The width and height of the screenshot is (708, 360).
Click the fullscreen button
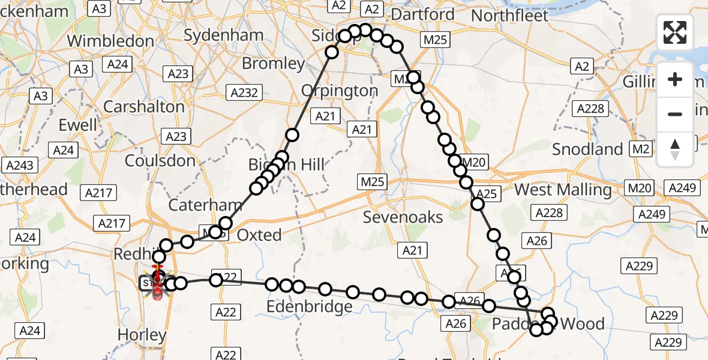click(675, 32)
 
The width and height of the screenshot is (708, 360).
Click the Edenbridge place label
click(309, 307)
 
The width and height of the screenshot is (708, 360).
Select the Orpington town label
click(340, 91)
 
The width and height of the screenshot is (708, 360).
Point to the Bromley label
click(273, 64)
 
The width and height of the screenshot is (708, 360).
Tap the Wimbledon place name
click(110, 41)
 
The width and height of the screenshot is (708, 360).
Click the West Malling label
click(563, 190)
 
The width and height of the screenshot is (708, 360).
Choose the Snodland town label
click(587, 149)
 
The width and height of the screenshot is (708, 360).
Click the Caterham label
click(205, 205)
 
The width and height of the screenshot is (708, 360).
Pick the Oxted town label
click(259, 235)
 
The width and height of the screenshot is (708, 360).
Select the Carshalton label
click(144, 107)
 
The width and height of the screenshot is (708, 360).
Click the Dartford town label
click(425, 14)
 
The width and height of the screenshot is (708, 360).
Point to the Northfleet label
click(511, 15)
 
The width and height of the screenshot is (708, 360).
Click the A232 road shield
click(244, 92)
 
